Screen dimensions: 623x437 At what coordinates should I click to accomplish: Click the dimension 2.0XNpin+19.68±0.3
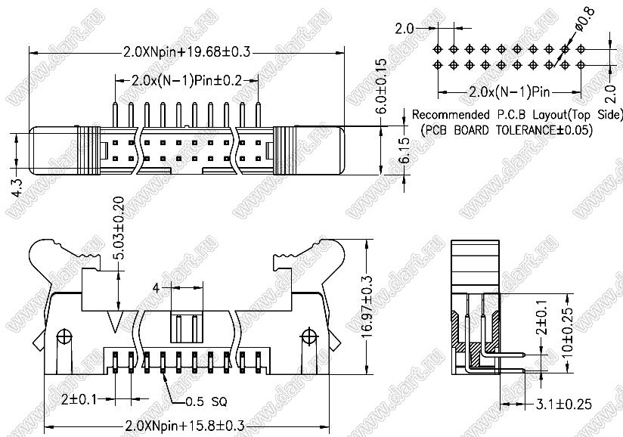point(186,51)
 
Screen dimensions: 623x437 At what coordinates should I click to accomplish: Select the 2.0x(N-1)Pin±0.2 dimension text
point(186,81)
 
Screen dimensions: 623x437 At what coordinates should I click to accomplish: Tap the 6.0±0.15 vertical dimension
point(381,86)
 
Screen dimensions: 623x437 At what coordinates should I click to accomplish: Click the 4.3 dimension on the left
point(17,187)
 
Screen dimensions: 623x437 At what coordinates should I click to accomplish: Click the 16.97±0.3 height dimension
point(367,307)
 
